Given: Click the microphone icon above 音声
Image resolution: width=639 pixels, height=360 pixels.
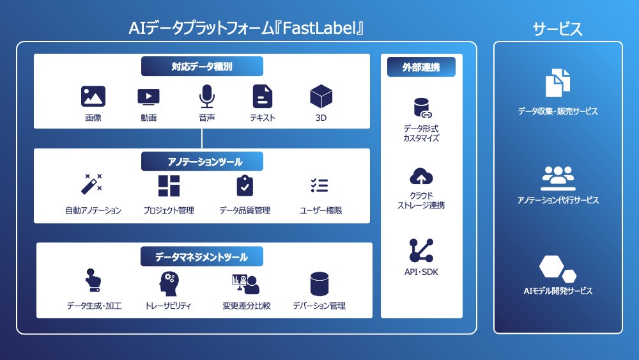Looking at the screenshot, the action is [206, 97].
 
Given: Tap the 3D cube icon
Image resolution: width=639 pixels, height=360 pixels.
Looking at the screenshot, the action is [321, 96].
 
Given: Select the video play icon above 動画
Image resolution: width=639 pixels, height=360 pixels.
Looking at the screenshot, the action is [148, 97].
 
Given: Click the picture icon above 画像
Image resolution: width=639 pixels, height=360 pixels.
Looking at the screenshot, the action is [93, 97].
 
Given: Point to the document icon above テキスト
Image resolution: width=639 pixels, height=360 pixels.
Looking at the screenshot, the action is [262, 97].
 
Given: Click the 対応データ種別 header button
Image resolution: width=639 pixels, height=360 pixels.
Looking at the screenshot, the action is [202, 66].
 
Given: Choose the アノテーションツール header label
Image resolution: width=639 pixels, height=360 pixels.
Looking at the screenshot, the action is [202, 161].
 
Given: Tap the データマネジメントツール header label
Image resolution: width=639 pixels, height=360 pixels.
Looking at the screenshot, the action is [202, 257].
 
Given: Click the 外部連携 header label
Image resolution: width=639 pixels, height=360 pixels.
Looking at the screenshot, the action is [421, 67].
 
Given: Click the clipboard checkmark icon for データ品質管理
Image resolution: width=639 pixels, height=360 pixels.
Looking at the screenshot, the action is [244, 185].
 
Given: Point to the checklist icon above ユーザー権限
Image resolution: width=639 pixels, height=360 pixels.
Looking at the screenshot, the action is [319, 185].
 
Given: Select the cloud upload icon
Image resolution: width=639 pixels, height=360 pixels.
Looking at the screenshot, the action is [421, 176].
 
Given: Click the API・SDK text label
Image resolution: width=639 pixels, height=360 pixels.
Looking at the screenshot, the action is [421, 272].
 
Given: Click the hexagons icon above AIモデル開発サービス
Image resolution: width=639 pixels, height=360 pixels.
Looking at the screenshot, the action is [557, 269].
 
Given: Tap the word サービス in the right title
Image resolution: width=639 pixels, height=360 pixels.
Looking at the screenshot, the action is [558, 28].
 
